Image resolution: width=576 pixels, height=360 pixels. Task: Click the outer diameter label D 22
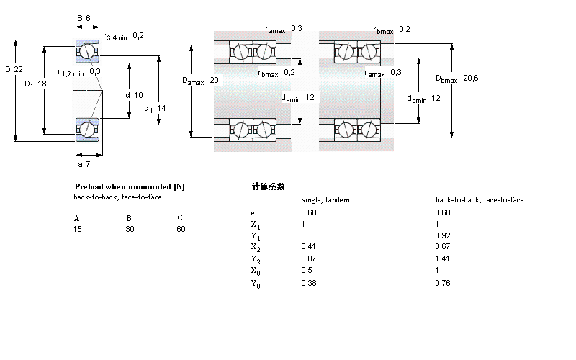pyautogui.click(x=14, y=69)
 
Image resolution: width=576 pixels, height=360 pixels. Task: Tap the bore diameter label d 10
pyautogui.click(x=134, y=95)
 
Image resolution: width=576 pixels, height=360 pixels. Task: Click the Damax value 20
pyautogui.click(x=214, y=81)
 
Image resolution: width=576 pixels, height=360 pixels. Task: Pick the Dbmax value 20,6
pyautogui.click(x=471, y=78)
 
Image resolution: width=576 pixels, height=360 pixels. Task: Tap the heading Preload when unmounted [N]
pyautogui.click(x=130, y=186)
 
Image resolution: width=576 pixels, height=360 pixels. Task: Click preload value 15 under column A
pyautogui.click(x=78, y=229)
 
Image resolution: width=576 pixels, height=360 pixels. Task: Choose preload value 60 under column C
pyautogui.click(x=181, y=229)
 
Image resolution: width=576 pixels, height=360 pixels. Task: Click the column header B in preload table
pyautogui.click(x=129, y=217)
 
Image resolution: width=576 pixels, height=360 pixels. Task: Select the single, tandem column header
pyautogui.click(x=325, y=199)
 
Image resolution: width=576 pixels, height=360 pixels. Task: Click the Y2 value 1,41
pyautogui.click(x=442, y=260)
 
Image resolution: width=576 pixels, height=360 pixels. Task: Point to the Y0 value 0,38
pyautogui.click(x=308, y=283)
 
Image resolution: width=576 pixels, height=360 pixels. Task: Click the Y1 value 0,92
pyautogui.click(x=442, y=236)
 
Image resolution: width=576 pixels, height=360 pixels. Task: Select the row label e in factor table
pyautogui.click(x=252, y=213)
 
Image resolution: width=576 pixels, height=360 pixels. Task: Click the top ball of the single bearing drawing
pyautogui.click(x=86, y=51)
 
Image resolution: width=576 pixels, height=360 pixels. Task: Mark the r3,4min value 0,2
pyautogui.click(x=138, y=35)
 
